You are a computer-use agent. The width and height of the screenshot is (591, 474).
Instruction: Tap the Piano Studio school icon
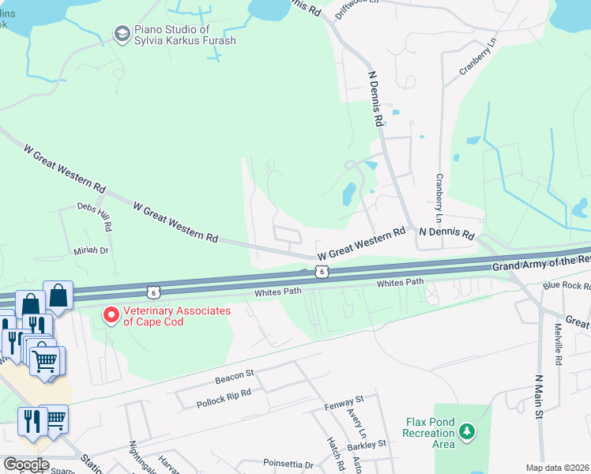(x=122, y=34)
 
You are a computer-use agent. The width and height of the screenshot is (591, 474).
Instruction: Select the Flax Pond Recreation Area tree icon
(x=468, y=432)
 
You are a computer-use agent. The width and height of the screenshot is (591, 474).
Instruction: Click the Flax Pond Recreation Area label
(x=429, y=432)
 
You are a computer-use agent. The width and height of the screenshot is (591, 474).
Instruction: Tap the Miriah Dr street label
(x=92, y=250)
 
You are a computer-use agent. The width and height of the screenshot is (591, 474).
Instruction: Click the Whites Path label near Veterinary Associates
(x=278, y=292)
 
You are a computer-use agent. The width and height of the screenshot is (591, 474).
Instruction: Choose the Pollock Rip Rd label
(x=224, y=397)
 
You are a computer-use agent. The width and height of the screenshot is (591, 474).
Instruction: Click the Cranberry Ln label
(x=476, y=59)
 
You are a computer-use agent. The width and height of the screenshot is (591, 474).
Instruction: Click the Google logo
(x=25, y=465)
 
